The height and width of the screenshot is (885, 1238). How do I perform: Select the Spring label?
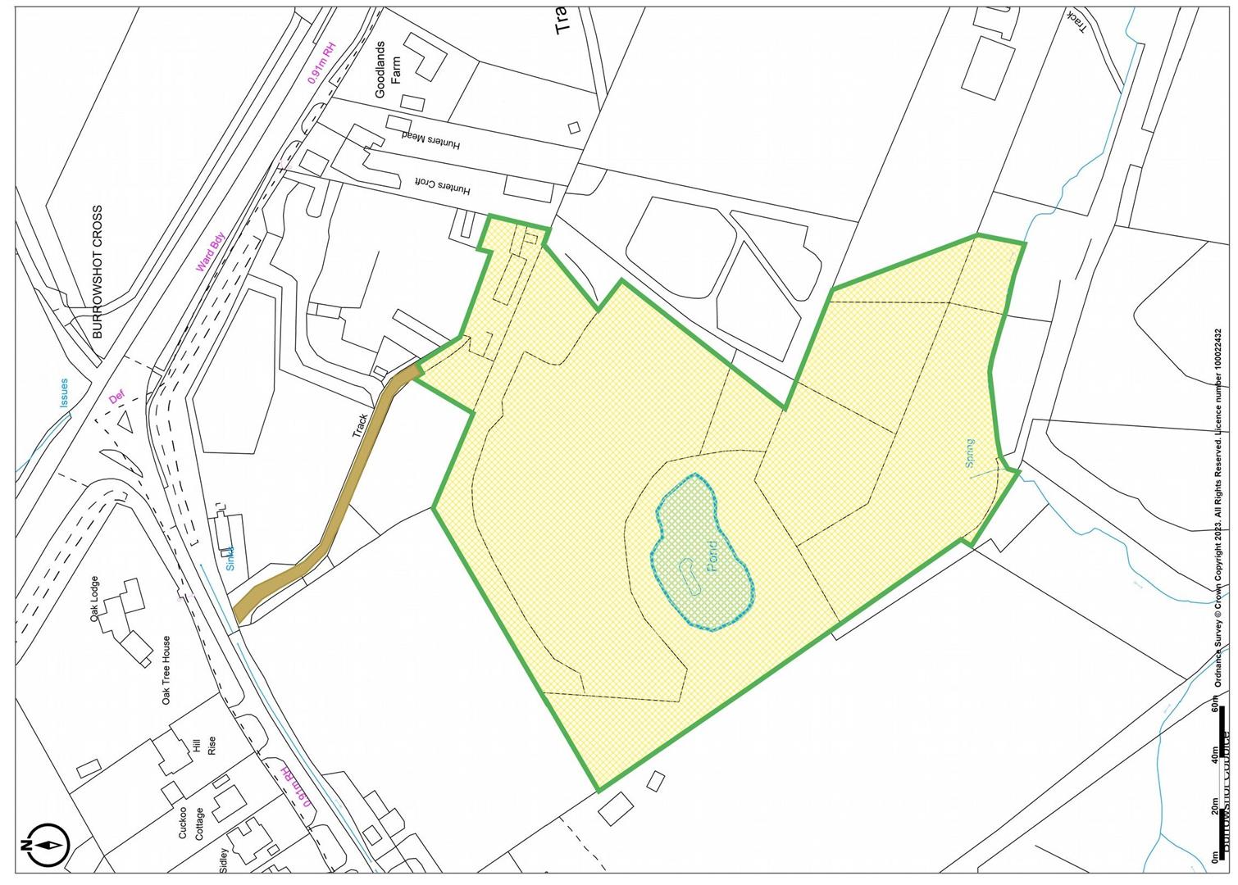click(970, 453)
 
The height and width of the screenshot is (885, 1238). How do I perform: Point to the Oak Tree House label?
click(166, 670)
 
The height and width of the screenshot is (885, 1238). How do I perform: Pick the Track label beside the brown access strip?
click(361, 425)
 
